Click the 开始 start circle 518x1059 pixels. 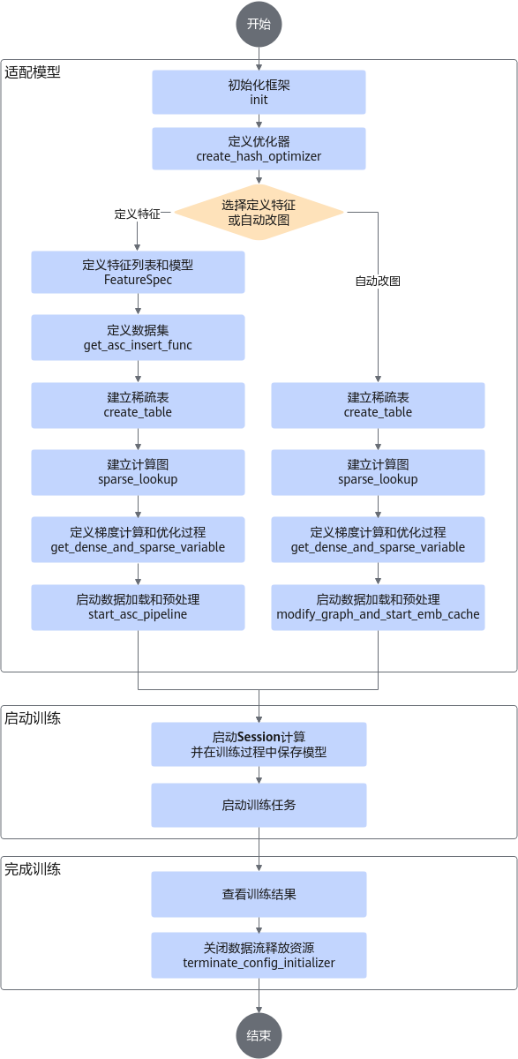tap(259, 24)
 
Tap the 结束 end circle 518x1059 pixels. tap(259, 1035)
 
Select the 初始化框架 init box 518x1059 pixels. tap(259, 92)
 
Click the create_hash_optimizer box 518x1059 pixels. tap(259, 148)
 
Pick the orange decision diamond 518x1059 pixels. tap(259, 213)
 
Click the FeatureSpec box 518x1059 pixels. tap(138, 273)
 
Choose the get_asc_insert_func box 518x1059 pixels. tap(138, 337)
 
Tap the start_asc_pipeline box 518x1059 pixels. tap(138, 607)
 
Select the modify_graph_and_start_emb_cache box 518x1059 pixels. tap(378, 607)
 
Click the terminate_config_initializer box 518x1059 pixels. tap(259, 956)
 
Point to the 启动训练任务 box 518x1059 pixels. tap(259, 805)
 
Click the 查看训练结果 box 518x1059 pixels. tap(259, 895)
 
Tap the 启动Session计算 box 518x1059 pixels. tap(259, 744)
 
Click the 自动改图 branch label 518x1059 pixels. tap(378, 282)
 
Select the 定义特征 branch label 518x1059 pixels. tap(138, 214)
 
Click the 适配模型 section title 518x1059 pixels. tap(33, 72)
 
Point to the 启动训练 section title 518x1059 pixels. tap(33, 718)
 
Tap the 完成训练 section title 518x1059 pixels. tap(33, 869)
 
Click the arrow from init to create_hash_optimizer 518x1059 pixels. tap(259, 121)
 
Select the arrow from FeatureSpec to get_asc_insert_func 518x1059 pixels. tap(138, 304)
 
